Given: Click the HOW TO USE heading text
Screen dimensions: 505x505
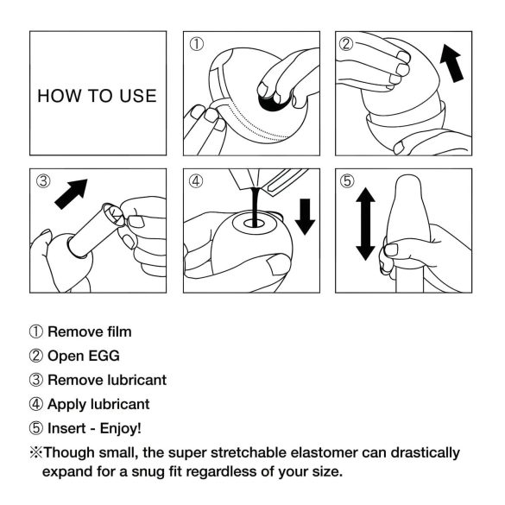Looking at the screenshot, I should (x=97, y=96).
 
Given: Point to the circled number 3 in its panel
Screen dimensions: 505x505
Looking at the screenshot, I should (x=44, y=182).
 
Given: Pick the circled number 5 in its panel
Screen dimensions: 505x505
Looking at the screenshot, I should (x=347, y=182).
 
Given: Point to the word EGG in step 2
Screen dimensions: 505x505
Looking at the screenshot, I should (x=104, y=355).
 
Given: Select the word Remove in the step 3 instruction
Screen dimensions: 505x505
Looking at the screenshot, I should (x=73, y=380).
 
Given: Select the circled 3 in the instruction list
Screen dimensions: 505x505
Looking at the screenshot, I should (x=35, y=380).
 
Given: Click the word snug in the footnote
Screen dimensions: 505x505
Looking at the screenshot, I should (x=136, y=471).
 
